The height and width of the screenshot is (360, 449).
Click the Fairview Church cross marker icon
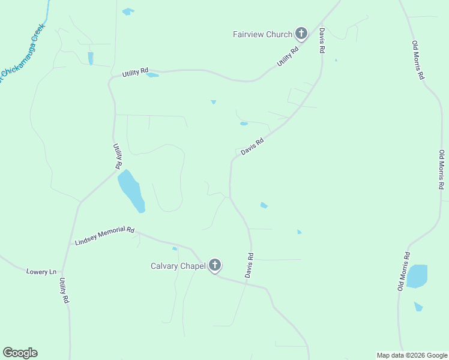[x=301, y=34]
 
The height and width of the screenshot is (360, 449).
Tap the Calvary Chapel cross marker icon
[x=215, y=265]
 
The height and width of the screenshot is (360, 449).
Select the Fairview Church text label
[x=262, y=34]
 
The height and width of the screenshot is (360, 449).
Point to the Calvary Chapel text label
[x=178, y=266]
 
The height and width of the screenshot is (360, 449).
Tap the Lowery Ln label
[x=41, y=272]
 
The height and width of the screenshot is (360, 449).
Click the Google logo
[x=20, y=353]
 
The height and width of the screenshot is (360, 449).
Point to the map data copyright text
[x=412, y=355]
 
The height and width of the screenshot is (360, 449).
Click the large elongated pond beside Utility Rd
[x=131, y=190]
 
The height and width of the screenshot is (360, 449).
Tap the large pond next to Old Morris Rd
[x=417, y=276]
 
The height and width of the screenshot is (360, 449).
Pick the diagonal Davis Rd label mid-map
[x=252, y=148]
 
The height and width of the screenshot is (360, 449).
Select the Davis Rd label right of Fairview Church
[x=322, y=41]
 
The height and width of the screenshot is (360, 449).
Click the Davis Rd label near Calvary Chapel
[x=249, y=264]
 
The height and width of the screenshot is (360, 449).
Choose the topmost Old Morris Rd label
[x=418, y=60]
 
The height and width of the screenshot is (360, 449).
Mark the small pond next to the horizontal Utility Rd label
[x=153, y=75]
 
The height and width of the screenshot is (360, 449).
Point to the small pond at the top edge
[x=128, y=11]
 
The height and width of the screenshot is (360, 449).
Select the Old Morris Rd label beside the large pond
[x=403, y=271]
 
